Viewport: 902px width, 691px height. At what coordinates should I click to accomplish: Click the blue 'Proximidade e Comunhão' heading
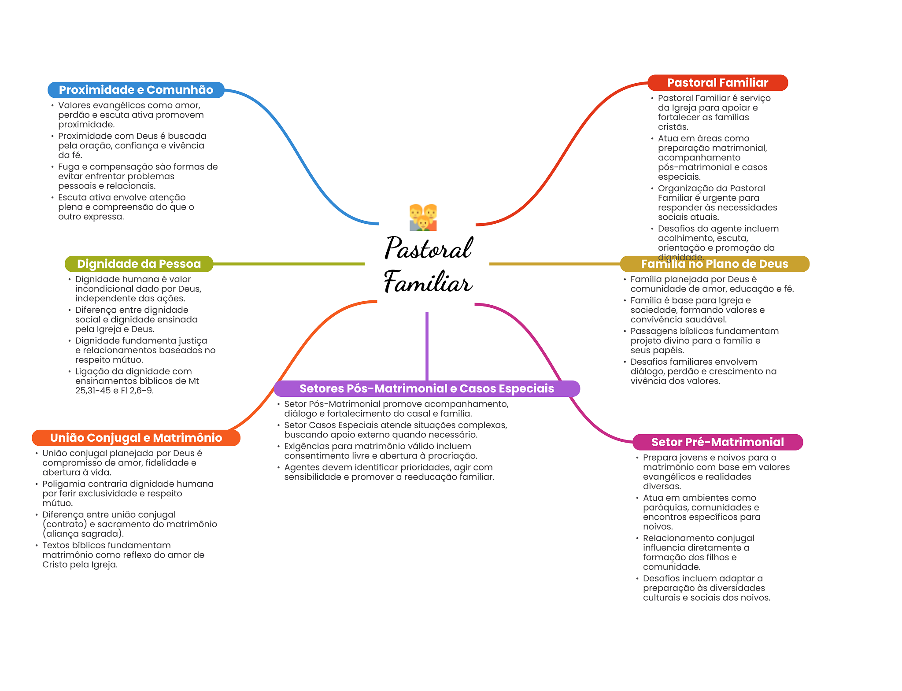point(136,90)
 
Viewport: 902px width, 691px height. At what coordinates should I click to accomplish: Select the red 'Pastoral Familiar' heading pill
point(717,83)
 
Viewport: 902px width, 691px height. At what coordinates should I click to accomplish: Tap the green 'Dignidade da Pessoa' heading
point(139,264)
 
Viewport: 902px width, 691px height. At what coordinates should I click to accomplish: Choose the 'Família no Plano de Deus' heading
point(714,264)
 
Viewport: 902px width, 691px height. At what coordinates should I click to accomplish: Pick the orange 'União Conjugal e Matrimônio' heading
point(136,438)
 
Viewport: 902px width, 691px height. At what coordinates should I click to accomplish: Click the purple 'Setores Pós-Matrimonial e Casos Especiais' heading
point(426,388)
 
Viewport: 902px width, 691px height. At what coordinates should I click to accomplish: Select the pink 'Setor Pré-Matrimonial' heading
point(717,442)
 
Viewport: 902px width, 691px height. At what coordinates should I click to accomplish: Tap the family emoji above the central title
point(423,217)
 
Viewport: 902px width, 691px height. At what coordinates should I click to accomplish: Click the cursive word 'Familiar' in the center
point(428,282)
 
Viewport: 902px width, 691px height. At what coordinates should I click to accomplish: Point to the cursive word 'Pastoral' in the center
point(429,248)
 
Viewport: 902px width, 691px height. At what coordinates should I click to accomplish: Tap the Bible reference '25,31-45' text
point(93,391)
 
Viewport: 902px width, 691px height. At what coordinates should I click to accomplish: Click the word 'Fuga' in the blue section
point(68,167)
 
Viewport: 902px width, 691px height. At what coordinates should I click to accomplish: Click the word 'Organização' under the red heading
point(684,188)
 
